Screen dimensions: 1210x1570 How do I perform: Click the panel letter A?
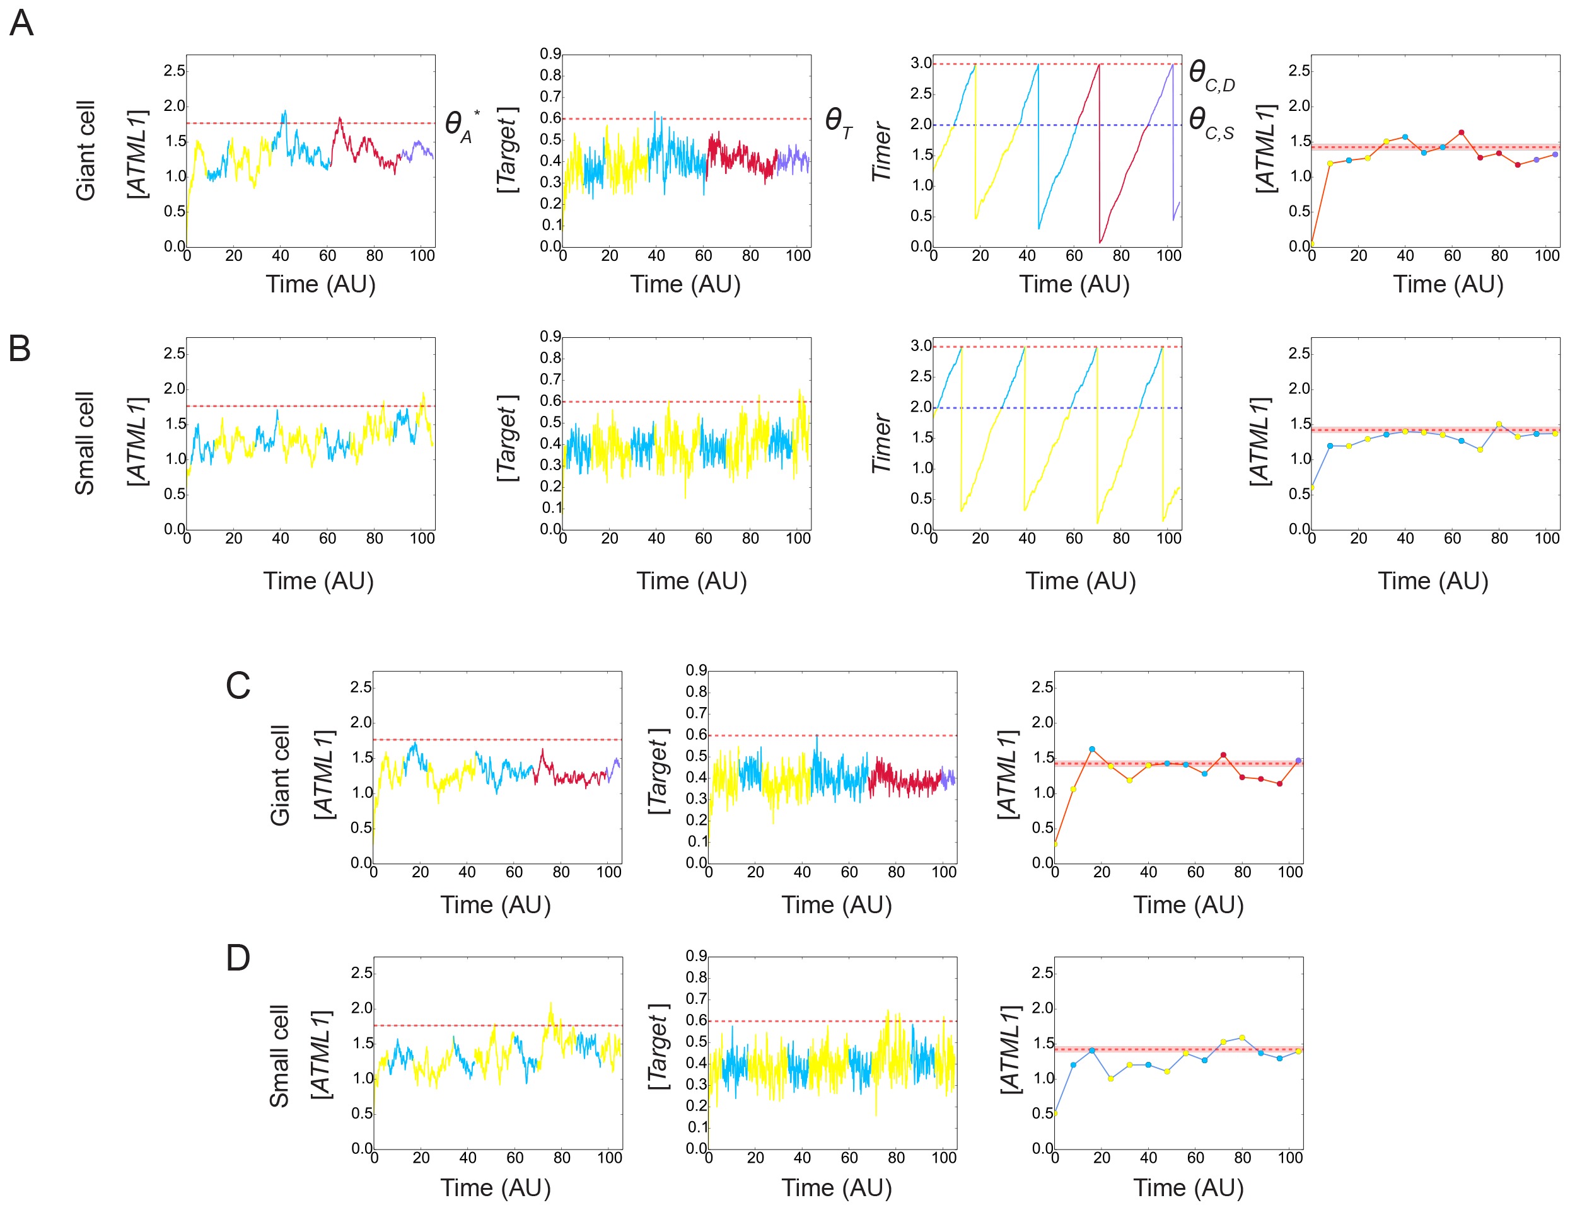(21, 23)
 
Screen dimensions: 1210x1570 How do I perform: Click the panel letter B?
(20, 349)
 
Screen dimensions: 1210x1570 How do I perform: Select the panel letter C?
(238, 686)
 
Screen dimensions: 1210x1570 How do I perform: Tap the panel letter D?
(238, 958)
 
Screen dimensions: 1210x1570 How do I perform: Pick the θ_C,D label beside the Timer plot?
(1211, 75)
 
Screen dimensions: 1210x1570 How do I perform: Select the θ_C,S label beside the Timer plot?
(1211, 122)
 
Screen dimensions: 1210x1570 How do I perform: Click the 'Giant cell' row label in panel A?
(86, 151)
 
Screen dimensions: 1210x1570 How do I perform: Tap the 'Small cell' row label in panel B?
(85, 443)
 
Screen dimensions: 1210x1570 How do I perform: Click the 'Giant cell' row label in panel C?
(280, 775)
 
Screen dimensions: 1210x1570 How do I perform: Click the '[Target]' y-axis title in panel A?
(507, 150)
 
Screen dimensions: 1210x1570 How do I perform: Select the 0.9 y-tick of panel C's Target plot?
(696, 671)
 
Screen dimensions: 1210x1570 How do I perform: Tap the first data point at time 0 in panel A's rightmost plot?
(1312, 245)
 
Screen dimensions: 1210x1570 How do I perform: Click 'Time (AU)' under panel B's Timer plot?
(1081, 580)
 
